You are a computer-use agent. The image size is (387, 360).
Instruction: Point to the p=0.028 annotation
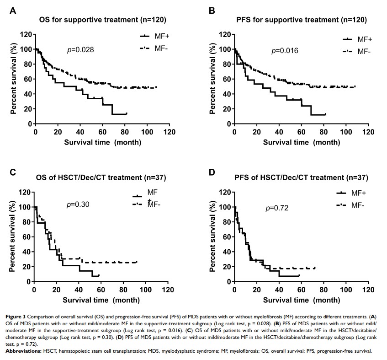pyautogui.click(x=81, y=49)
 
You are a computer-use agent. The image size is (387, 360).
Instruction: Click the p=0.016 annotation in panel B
pyautogui.click(x=285, y=51)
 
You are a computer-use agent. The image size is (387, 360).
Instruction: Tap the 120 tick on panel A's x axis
pyautogui.click(x=170, y=132)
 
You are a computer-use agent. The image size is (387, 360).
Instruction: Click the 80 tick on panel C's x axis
pyautogui.click(x=123, y=290)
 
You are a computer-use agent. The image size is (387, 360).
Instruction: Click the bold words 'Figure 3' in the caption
pyautogui.click(x=19, y=316)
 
